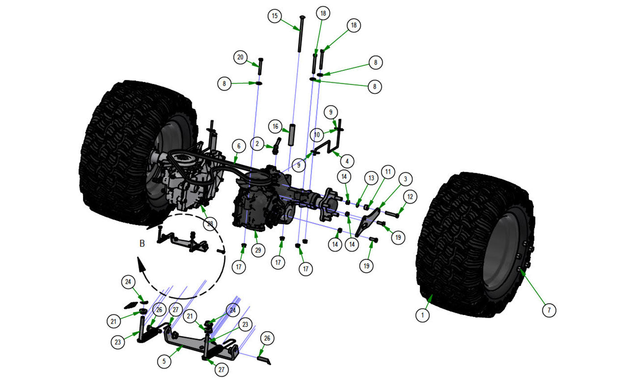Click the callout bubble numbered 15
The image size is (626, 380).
point(275,16)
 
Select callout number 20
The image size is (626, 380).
point(241,57)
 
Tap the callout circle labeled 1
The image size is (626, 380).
point(422,315)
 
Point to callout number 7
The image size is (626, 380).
point(550,309)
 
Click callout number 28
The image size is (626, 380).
point(209,224)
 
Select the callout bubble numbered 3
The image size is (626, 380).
point(405,179)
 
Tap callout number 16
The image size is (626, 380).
point(276,127)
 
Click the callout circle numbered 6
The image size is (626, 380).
point(239,146)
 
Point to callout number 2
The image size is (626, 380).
point(258,144)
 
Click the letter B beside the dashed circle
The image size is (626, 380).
point(142,243)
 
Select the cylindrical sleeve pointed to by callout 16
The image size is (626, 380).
point(292,135)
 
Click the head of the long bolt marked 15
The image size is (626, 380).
point(302,17)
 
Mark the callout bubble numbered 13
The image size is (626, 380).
point(371,178)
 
